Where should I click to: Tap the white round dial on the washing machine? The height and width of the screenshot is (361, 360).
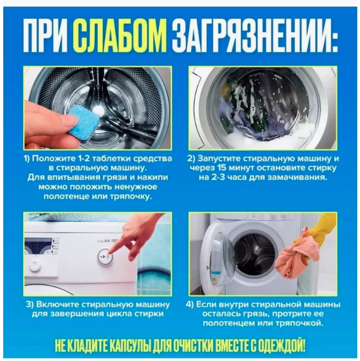tap(35, 265)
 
